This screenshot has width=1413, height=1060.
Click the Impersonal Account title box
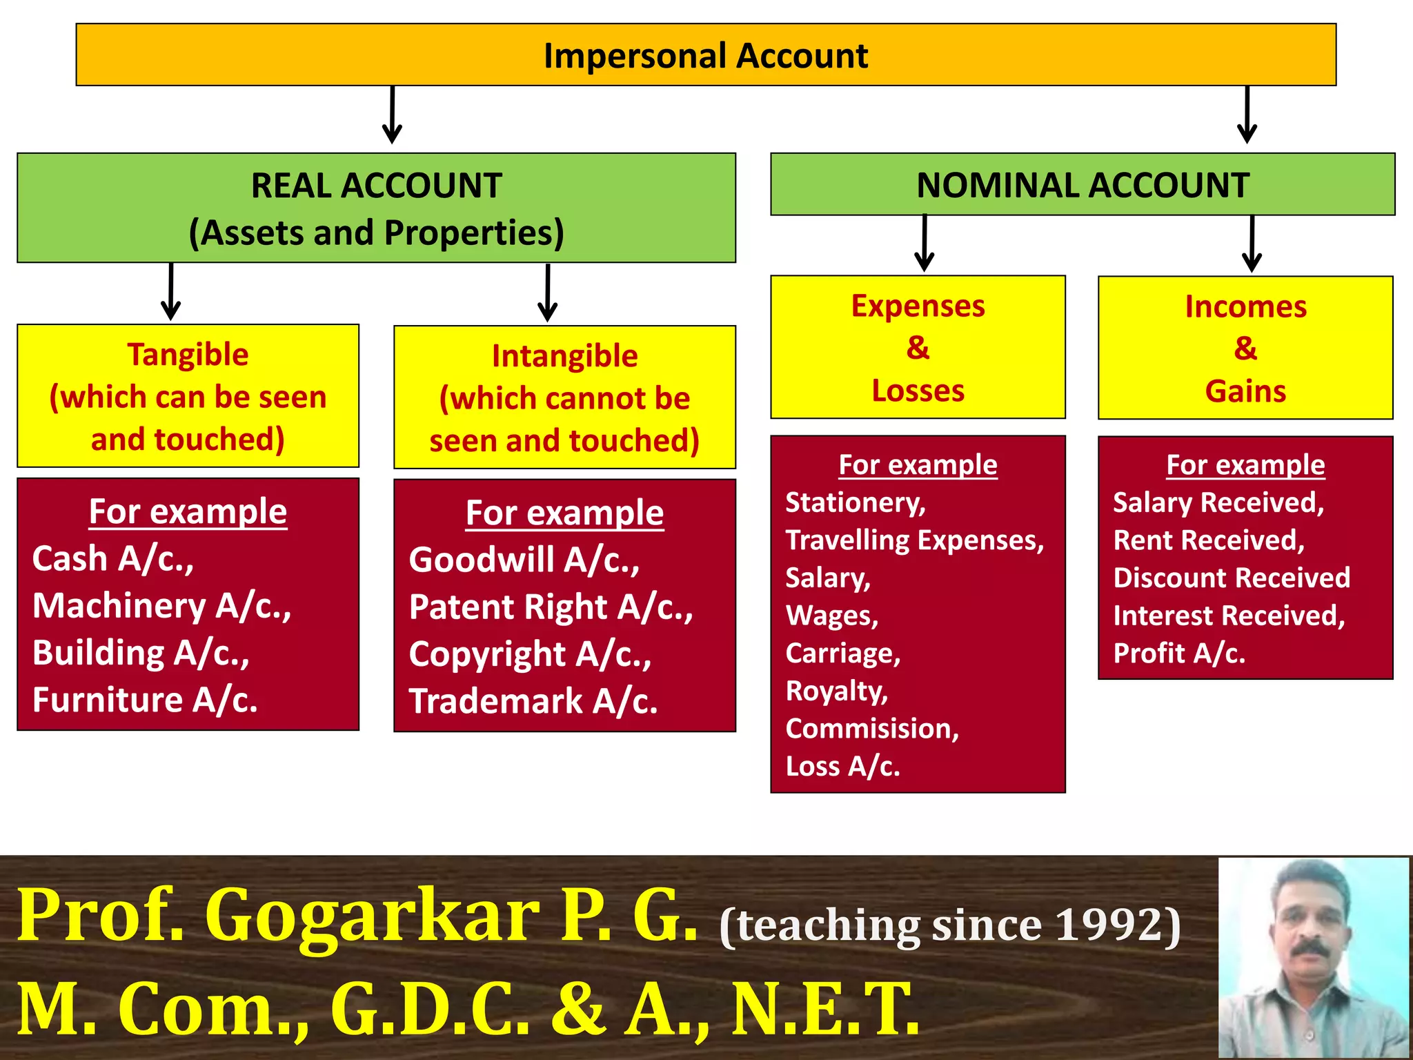[x=705, y=55]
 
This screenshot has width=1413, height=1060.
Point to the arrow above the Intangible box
[x=547, y=294]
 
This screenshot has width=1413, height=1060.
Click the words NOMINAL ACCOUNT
[x=1083, y=185]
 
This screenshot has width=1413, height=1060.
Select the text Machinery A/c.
[x=161, y=606]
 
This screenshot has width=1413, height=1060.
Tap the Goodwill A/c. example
[x=524, y=560]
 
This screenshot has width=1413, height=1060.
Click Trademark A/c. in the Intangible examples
[x=533, y=701]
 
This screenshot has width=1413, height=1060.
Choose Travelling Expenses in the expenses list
[x=914, y=540]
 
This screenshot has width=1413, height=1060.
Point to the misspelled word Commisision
[x=871, y=729]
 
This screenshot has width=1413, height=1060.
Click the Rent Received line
[x=1209, y=540]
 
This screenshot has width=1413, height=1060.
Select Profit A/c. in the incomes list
[x=1178, y=654]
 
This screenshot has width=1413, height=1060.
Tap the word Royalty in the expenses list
[x=836, y=691]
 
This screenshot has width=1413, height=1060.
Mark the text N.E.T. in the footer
[x=825, y=1010]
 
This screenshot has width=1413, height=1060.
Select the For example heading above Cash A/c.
[x=188, y=512]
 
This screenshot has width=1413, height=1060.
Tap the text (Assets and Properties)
[x=376, y=233]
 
